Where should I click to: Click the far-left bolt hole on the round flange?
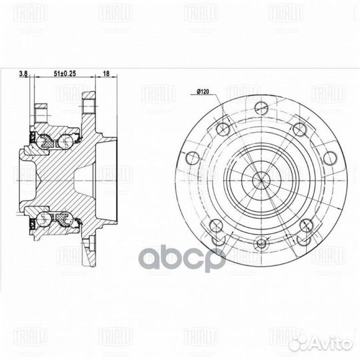coord(193,157)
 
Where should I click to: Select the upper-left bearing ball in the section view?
coord(47,141)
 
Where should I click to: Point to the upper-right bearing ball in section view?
coord(66,141)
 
